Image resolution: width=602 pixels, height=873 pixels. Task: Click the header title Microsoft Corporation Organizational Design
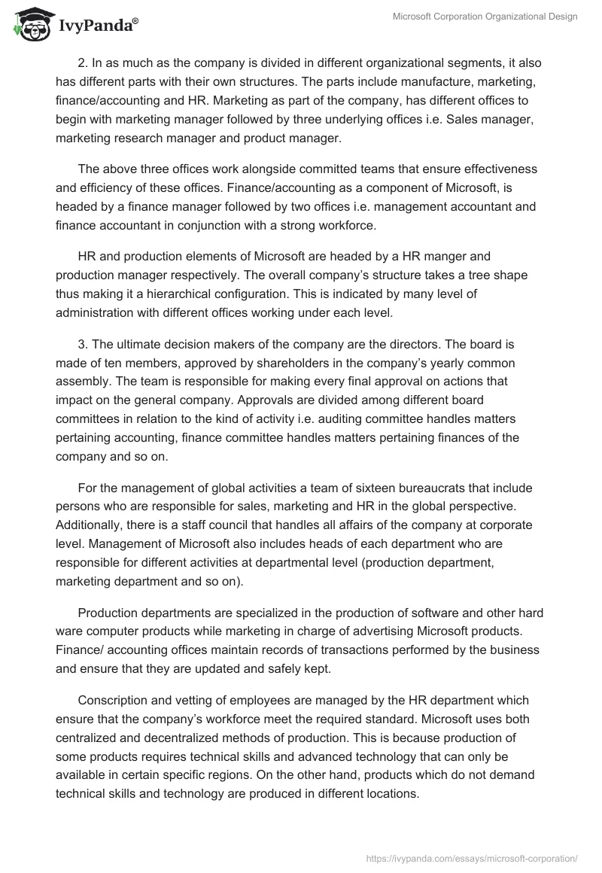(x=485, y=17)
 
